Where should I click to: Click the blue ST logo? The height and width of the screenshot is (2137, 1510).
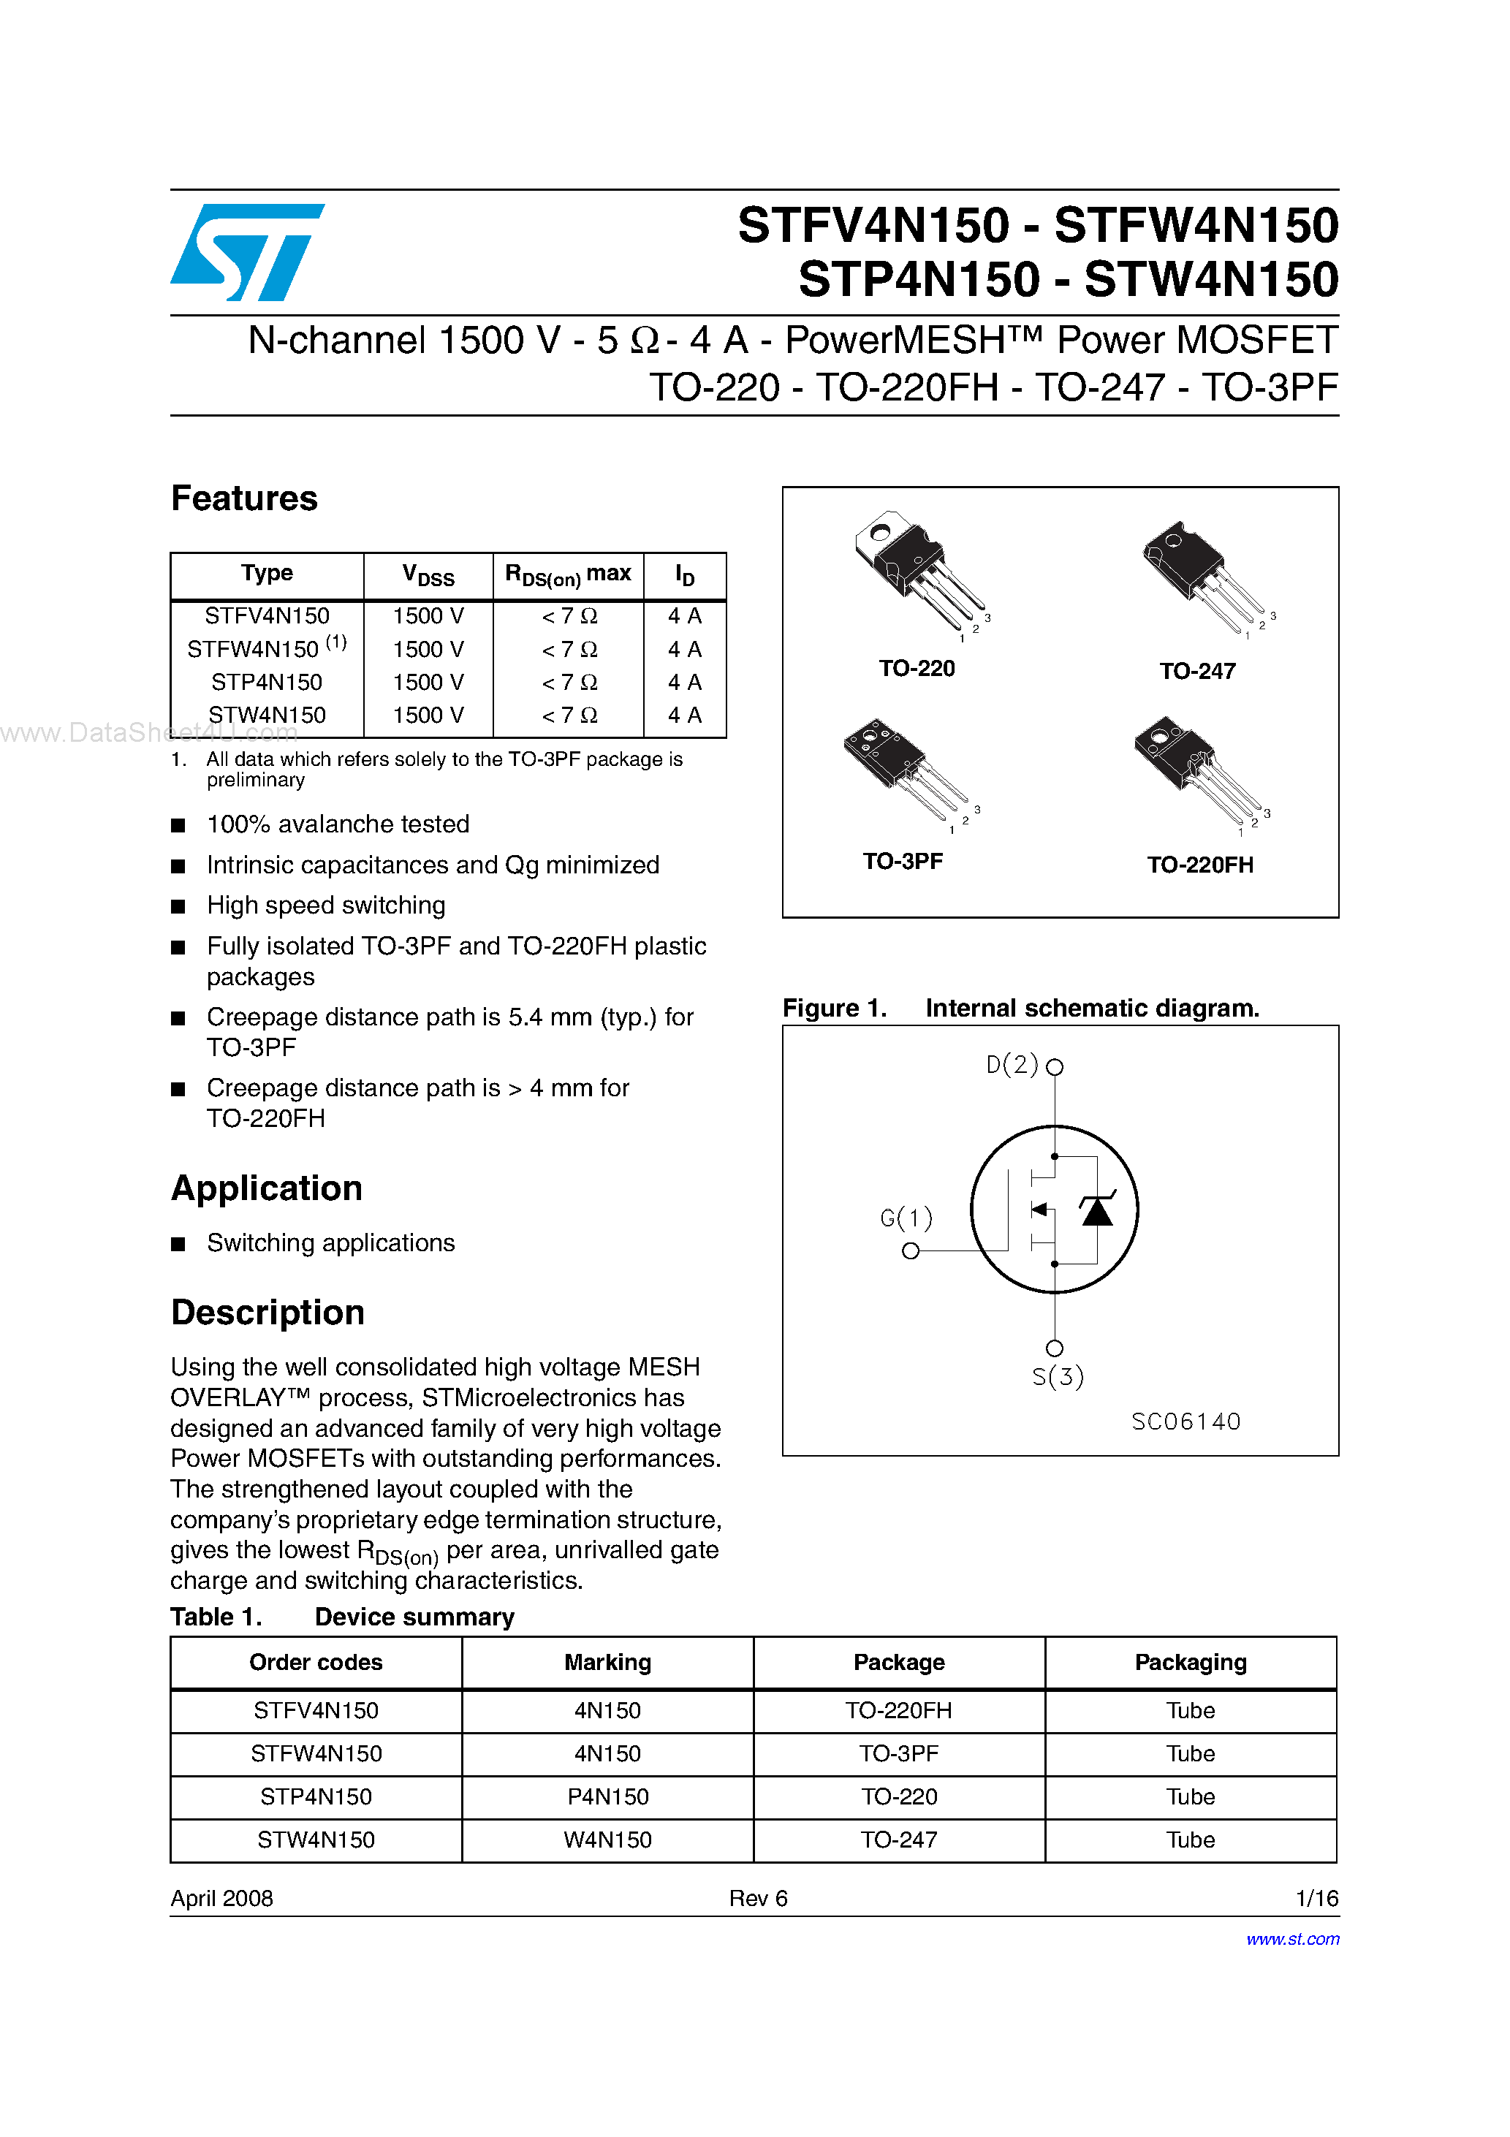[247, 252]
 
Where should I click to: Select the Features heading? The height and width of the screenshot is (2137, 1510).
[244, 499]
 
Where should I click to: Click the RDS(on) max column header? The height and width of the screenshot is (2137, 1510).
[567, 574]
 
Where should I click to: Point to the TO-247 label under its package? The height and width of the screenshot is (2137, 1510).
[1197, 671]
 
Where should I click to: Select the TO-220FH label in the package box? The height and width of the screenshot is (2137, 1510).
[1200, 865]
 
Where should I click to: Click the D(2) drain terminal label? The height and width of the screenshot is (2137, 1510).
[1012, 1065]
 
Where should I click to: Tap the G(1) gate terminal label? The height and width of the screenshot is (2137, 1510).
[906, 1218]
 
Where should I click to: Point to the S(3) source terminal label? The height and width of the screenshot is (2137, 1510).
[1058, 1377]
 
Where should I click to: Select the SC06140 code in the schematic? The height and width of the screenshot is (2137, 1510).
[1186, 1421]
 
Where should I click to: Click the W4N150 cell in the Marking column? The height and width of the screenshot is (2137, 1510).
[607, 1840]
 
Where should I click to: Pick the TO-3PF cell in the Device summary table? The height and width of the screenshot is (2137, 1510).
[898, 1753]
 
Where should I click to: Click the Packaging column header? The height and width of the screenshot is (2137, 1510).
[1190, 1663]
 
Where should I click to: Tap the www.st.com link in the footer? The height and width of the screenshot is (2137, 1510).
[1292, 1939]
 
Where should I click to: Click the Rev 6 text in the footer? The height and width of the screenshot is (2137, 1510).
[758, 1898]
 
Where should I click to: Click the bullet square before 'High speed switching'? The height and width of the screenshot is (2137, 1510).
[179, 906]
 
